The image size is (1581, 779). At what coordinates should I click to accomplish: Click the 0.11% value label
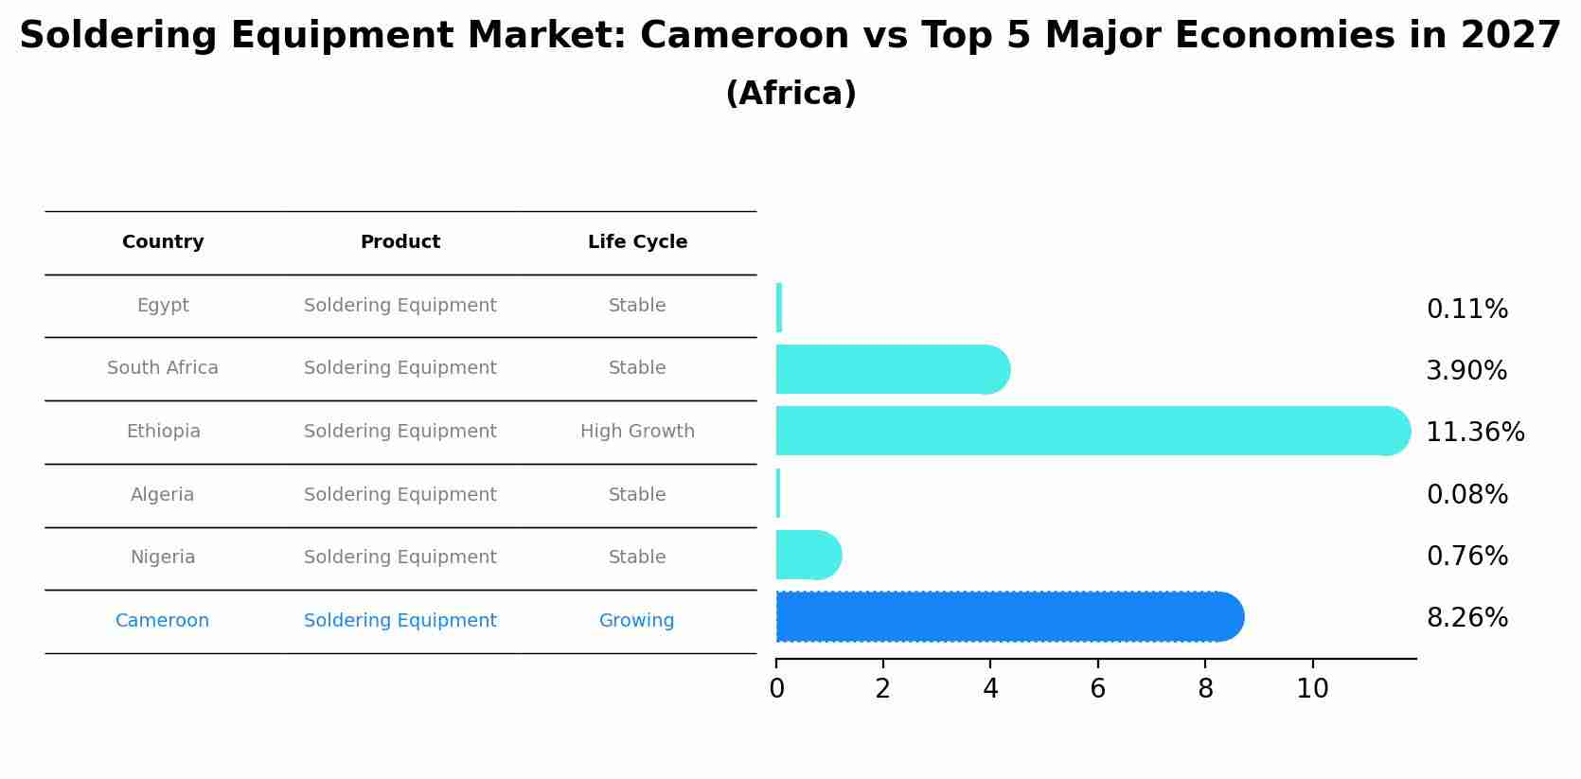[x=1466, y=310]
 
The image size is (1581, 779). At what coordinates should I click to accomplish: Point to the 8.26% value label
[x=1466, y=618]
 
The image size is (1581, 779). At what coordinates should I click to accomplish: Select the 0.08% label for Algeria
[x=1466, y=495]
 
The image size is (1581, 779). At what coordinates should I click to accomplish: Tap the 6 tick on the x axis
[x=1097, y=689]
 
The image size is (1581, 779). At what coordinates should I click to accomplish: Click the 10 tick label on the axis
[x=1312, y=689]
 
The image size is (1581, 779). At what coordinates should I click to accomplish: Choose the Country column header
[x=163, y=242]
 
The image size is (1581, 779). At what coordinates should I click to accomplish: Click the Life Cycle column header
[x=637, y=242]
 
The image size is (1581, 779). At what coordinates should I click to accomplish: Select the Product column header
[x=400, y=242]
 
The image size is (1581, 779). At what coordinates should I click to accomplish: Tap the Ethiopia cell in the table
[x=163, y=432]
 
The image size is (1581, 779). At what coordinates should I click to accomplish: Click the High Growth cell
[x=637, y=432]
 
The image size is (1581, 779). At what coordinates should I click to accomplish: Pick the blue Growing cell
[x=636, y=621]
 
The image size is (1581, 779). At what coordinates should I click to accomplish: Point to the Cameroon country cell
[x=162, y=621]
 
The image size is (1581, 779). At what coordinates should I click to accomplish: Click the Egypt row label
[x=163, y=306]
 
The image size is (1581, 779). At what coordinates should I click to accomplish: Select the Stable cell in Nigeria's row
[x=637, y=558]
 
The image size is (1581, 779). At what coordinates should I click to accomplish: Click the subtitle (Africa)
[x=790, y=94]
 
